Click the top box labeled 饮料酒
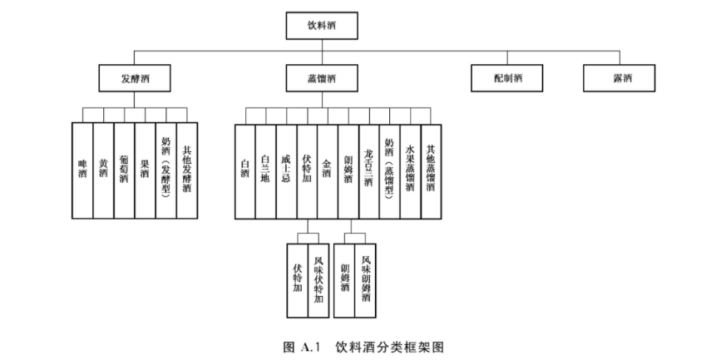point(322,26)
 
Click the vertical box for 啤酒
point(82,171)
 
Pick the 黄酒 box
point(103,171)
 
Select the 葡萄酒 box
point(124,171)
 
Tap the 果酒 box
point(145,171)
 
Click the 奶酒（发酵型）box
point(165,171)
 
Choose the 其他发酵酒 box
point(187,171)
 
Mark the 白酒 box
point(244,171)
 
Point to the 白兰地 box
point(265,171)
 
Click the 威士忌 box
point(286,171)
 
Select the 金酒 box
point(328,171)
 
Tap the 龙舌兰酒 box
point(369,171)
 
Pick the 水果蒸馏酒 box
point(411,171)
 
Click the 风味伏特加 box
point(318,281)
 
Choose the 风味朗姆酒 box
point(366,281)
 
